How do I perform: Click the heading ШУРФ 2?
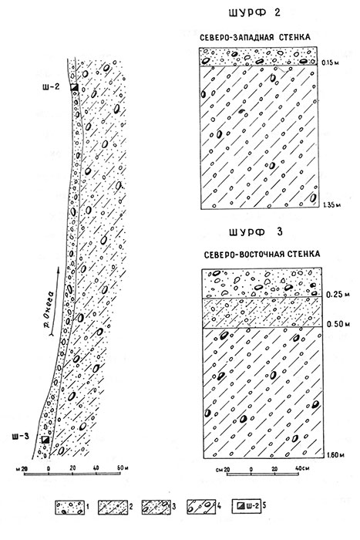(254, 13)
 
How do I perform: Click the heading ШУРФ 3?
(256, 232)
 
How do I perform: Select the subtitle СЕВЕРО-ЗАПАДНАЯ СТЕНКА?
(255, 37)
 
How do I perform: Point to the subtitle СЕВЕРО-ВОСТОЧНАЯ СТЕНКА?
(262, 255)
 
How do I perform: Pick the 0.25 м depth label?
(338, 295)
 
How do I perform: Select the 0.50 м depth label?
(338, 324)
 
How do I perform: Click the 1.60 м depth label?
(335, 455)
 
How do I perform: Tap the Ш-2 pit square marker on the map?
(74, 87)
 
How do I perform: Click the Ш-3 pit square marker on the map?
(45, 440)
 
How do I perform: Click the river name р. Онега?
(50, 309)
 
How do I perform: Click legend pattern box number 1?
(69, 507)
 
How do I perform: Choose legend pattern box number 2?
(112, 507)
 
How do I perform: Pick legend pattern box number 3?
(156, 507)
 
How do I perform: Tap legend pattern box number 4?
(201, 507)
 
